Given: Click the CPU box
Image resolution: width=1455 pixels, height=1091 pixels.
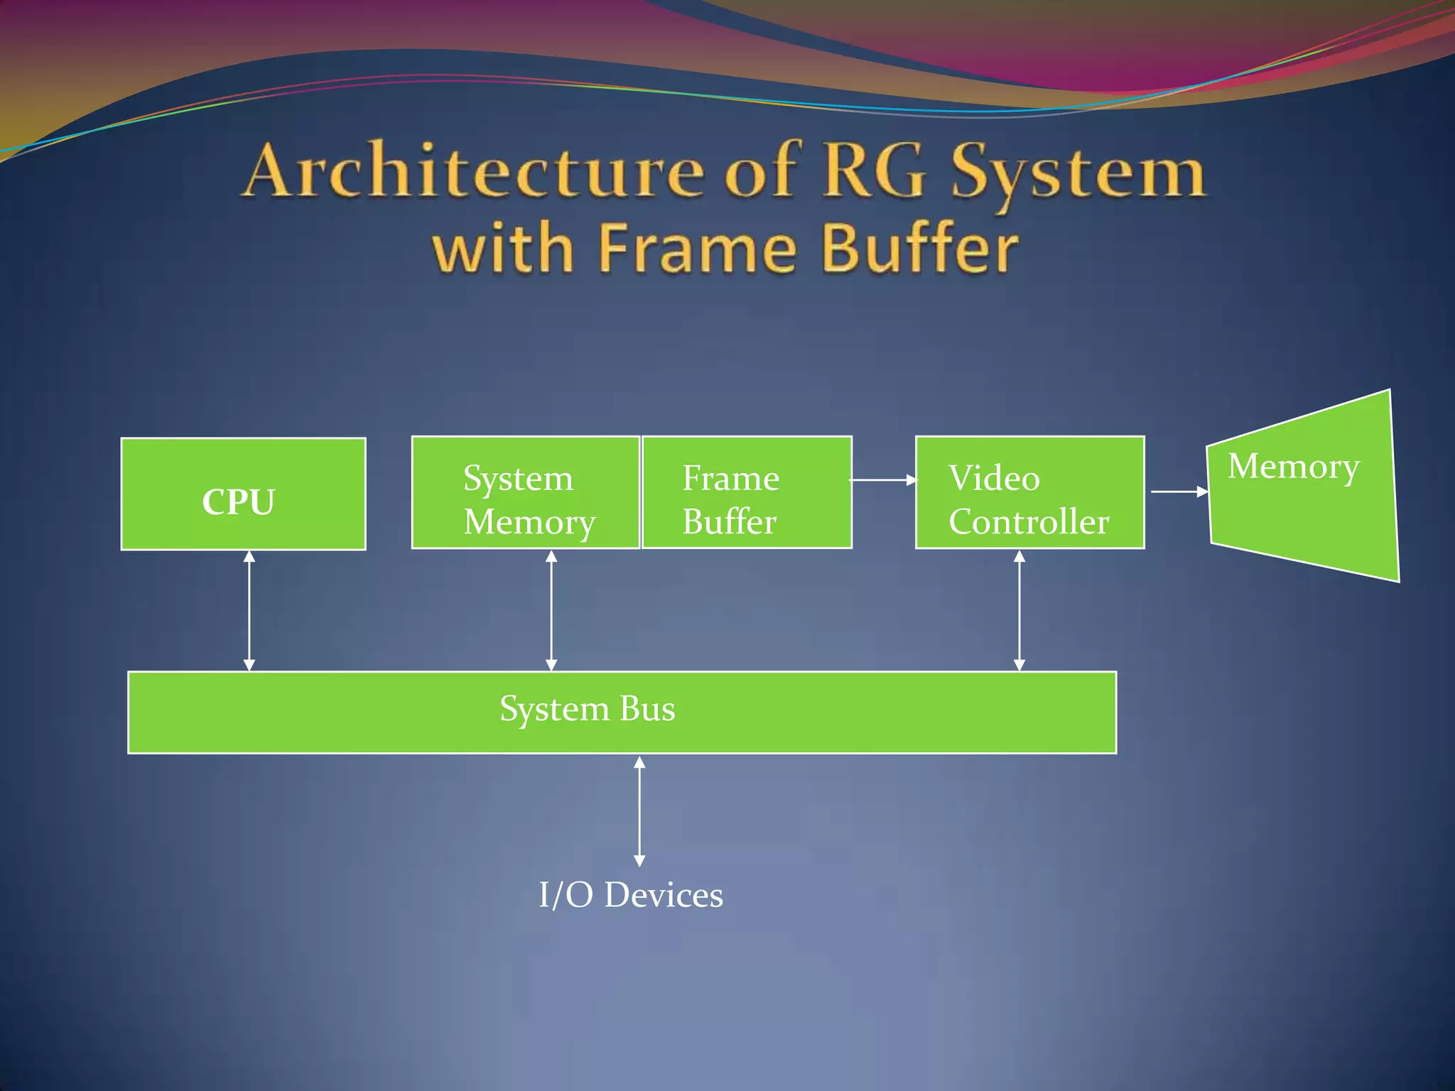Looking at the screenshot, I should (x=243, y=494).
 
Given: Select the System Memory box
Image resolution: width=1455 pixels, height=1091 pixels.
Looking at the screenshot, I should (x=526, y=493).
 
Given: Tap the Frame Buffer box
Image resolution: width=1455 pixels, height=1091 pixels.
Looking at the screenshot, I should (x=747, y=493).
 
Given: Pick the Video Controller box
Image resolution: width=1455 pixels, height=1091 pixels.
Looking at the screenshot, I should (x=1029, y=493).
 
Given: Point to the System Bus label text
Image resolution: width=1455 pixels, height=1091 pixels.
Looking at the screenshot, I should (x=587, y=709).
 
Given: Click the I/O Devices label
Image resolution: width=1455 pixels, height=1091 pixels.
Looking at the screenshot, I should (x=631, y=895).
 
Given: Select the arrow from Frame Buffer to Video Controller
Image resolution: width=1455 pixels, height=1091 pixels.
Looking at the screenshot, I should (x=883, y=480).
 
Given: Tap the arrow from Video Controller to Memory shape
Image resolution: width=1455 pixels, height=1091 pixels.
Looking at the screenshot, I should (x=1179, y=492).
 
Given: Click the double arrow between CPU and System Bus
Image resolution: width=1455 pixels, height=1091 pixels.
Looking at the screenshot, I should (x=249, y=610).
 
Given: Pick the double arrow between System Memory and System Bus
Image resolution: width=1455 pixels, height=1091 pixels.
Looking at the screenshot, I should (x=551, y=610).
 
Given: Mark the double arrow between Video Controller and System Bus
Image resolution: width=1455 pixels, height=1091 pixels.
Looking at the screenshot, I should (x=1019, y=610).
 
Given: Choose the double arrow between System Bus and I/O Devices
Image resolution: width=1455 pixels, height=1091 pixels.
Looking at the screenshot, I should (x=639, y=811).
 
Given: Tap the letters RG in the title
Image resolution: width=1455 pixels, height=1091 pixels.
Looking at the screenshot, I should (x=875, y=170).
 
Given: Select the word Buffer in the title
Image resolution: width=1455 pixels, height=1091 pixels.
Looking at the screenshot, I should (x=921, y=249).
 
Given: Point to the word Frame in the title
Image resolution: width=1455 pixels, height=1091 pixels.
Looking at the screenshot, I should (x=698, y=249).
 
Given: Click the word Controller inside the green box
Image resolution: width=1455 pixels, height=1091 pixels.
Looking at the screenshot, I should (x=1029, y=522).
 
